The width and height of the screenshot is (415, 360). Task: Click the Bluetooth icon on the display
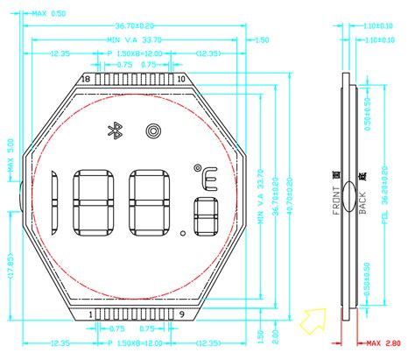[x=113, y=131]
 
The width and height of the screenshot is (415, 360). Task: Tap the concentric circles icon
[x=153, y=131]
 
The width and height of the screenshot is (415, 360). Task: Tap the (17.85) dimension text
[x=10, y=262]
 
